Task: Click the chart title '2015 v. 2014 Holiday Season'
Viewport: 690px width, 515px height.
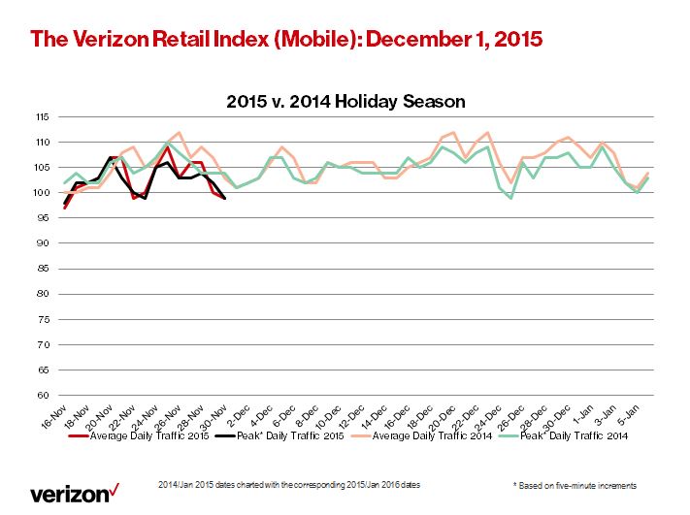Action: (345, 101)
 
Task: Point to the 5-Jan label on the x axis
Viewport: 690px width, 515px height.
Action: (641, 416)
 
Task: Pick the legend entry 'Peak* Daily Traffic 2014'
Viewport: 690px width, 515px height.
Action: (569, 436)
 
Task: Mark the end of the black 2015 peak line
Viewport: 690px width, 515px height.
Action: (225, 198)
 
